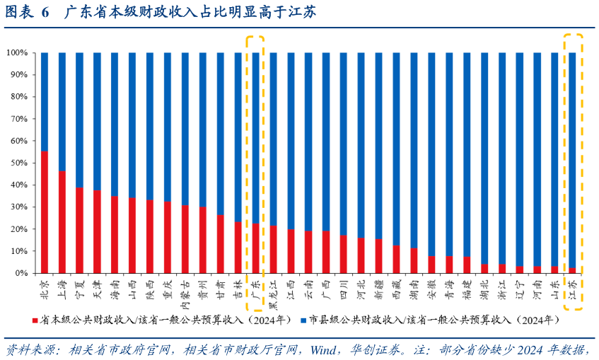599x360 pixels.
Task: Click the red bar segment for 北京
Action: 45,212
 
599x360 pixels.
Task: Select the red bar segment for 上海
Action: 62,222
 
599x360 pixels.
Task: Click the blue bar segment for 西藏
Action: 396,149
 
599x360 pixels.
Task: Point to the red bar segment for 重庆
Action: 168,238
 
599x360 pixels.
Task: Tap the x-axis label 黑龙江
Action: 273,292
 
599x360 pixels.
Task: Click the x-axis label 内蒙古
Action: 185,292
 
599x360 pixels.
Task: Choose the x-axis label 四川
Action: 344,288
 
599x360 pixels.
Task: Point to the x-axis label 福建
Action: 467,288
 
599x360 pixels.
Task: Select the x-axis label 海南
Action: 115,288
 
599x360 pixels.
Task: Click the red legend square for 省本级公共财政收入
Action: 35,320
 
